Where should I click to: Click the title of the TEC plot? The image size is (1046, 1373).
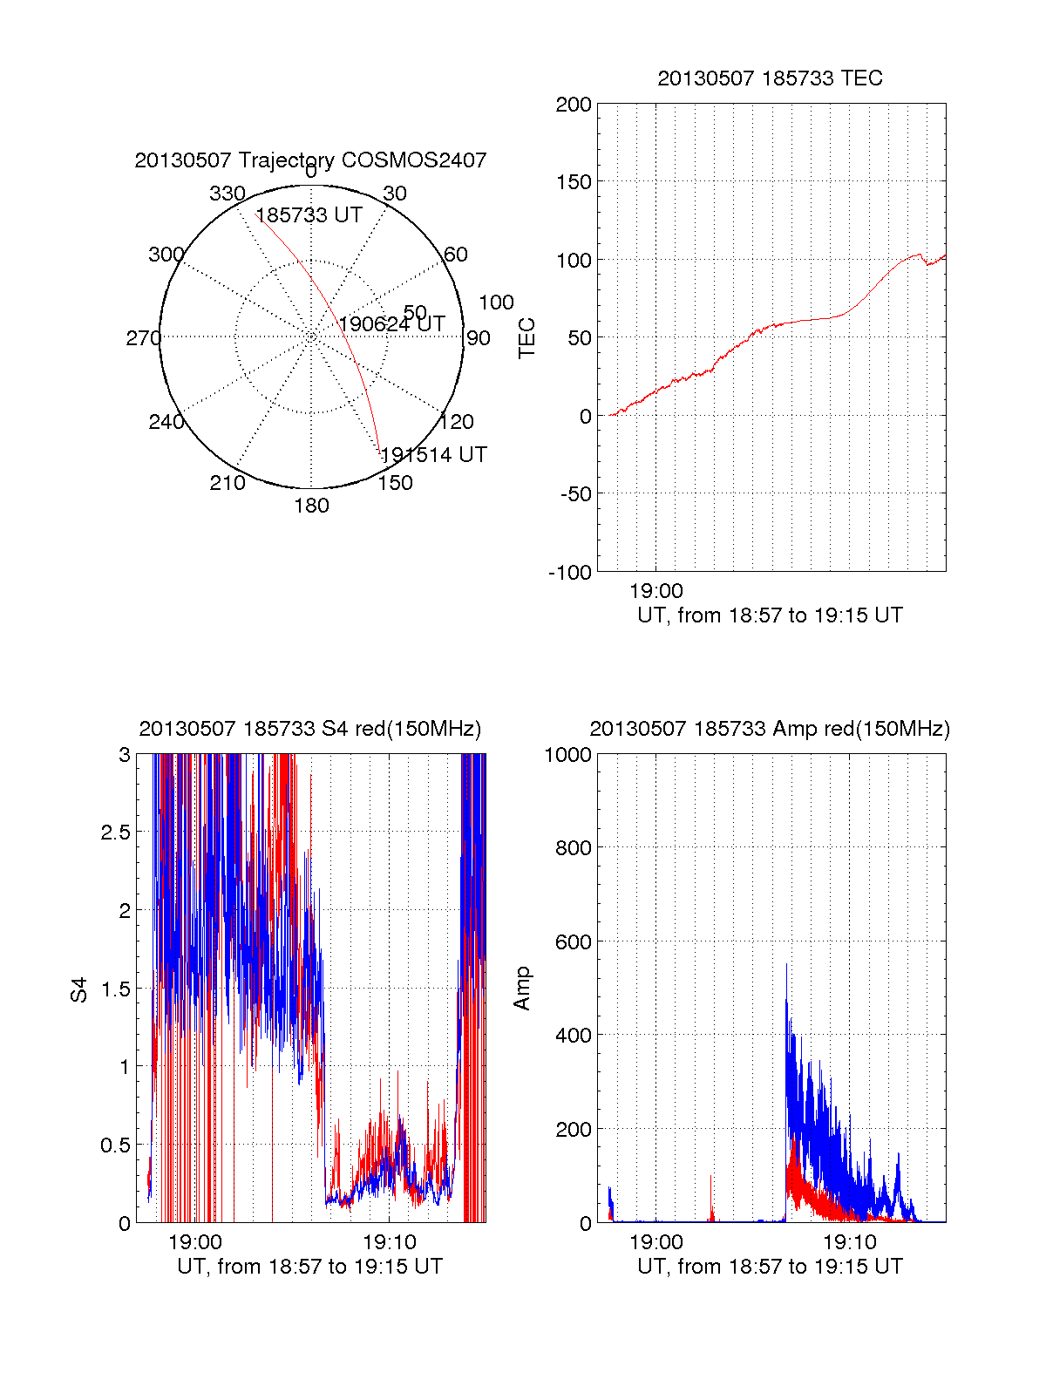coord(770,78)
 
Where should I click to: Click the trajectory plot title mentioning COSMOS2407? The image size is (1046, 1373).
coord(310,160)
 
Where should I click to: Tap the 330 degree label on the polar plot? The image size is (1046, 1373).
coord(227,194)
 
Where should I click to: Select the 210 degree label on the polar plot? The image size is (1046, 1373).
coord(227,483)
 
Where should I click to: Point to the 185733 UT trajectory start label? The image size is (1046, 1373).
coord(309,215)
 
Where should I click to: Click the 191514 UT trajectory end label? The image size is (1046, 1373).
coord(433,455)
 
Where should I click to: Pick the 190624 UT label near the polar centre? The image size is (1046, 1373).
coord(391,324)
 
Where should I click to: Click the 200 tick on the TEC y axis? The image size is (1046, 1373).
coord(574,105)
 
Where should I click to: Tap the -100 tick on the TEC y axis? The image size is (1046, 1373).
coord(570,573)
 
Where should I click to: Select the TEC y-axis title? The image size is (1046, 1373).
coord(526,338)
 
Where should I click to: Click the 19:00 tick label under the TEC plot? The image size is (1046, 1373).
coord(655,592)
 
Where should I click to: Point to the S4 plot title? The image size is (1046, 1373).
coord(309,729)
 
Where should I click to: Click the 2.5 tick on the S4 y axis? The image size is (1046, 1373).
coord(115,833)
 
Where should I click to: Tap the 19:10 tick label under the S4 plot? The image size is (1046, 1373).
coord(389,1242)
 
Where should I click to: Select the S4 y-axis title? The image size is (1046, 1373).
coord(79,989)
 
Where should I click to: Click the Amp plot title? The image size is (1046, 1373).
coord(770,729)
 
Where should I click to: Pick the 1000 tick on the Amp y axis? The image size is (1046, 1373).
coord(568,755)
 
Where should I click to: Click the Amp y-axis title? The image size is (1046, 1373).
coord(522,989)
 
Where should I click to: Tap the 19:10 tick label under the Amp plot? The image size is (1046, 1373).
coord(849,1242)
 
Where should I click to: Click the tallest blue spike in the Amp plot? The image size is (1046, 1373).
coord(786,966)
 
